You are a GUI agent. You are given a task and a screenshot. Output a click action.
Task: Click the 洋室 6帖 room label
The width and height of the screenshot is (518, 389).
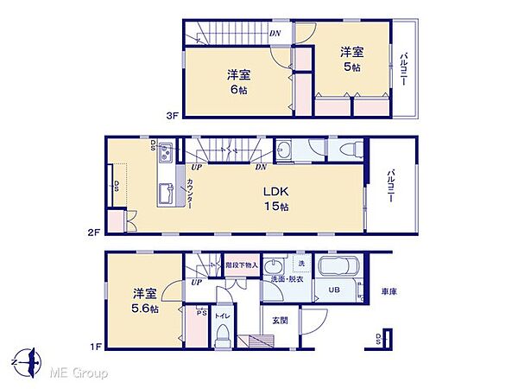point(239,82)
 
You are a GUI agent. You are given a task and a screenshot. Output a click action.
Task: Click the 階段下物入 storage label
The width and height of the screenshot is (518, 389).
point(242,265)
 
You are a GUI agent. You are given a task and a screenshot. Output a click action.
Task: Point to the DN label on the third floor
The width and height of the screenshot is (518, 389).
point(274,34)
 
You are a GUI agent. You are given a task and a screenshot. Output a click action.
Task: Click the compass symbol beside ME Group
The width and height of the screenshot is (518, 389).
point(28,360)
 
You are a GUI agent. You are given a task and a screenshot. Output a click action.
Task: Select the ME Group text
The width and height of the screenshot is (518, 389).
point(79,373)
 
